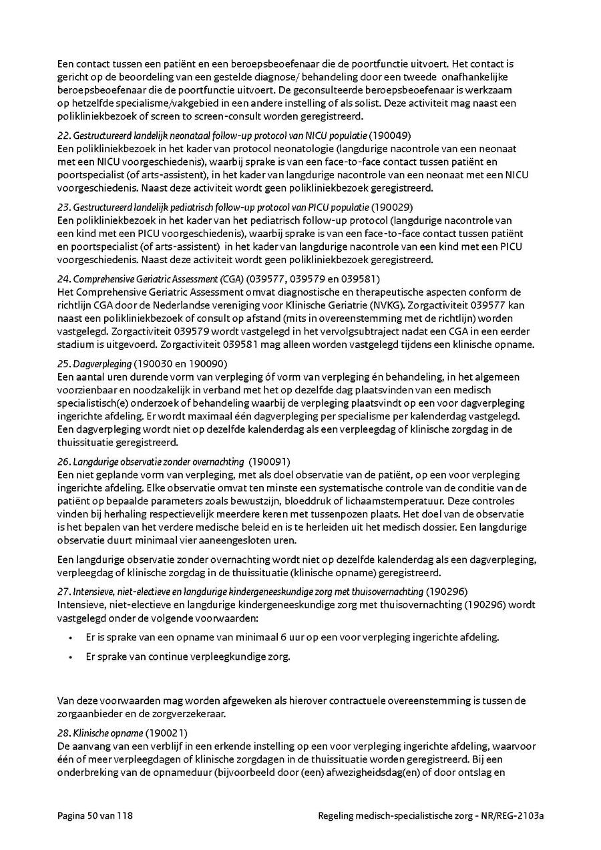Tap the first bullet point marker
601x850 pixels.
pos(71,638)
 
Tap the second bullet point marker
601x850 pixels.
pos(71,657)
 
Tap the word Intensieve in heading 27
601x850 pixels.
pos(91,592)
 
